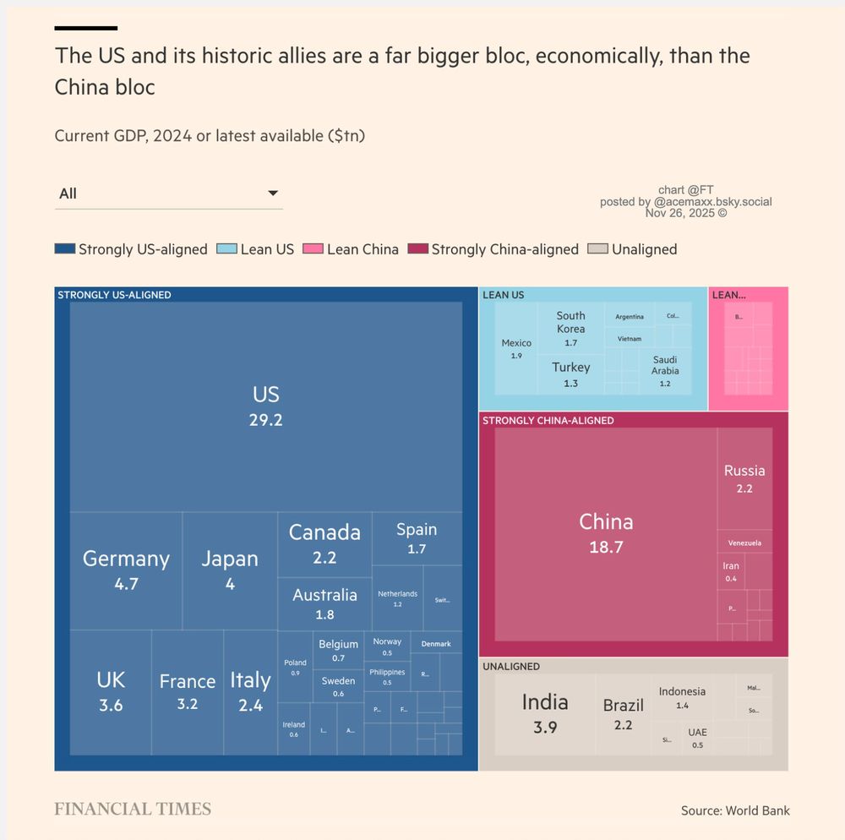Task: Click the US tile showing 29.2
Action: pos(265,406)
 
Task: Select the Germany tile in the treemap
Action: pos(126,570)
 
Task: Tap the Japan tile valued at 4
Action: pos(230,570)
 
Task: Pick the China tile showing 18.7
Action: pos(606,533)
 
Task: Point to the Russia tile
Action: pos(744,478)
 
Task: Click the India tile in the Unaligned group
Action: pos(545,713)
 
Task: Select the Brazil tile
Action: pos(624,714)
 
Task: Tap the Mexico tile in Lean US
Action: pos(516,348)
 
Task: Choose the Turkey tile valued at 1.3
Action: pos(571,374)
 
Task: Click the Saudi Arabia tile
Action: pos(665,371)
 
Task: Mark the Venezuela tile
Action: pos(744,542)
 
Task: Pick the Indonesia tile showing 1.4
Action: pos(682,697)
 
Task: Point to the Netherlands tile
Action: pos(397,598)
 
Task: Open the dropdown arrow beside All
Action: pos(273,194)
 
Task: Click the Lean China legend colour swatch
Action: pos(313,249)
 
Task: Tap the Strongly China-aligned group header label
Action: pos(548,420)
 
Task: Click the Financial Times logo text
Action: pos(133,810)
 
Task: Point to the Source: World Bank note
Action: pos(735,810)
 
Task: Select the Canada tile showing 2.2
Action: pos(324,543)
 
